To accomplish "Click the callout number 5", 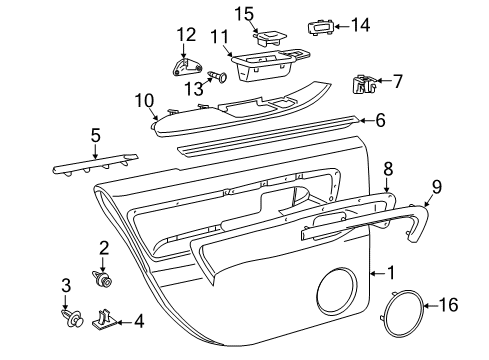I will (94, 134).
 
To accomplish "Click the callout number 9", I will (436, 185).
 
